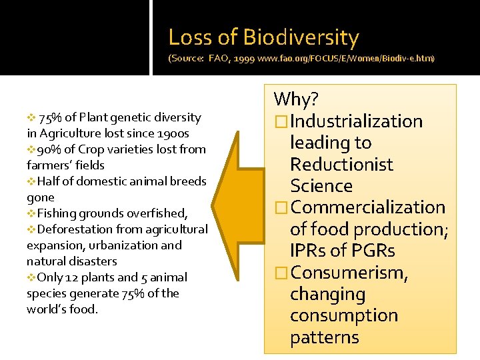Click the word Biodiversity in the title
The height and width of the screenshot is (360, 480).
point(301,37)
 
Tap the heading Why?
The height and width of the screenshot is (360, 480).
point(296,100)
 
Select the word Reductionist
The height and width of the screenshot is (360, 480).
point(341,165)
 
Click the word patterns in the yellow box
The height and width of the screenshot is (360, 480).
point(324,337)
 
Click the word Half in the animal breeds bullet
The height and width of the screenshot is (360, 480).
point(49,181)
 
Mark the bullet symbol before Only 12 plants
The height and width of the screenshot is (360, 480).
point(31,277)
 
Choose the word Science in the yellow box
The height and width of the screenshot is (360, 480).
point(321,186)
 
